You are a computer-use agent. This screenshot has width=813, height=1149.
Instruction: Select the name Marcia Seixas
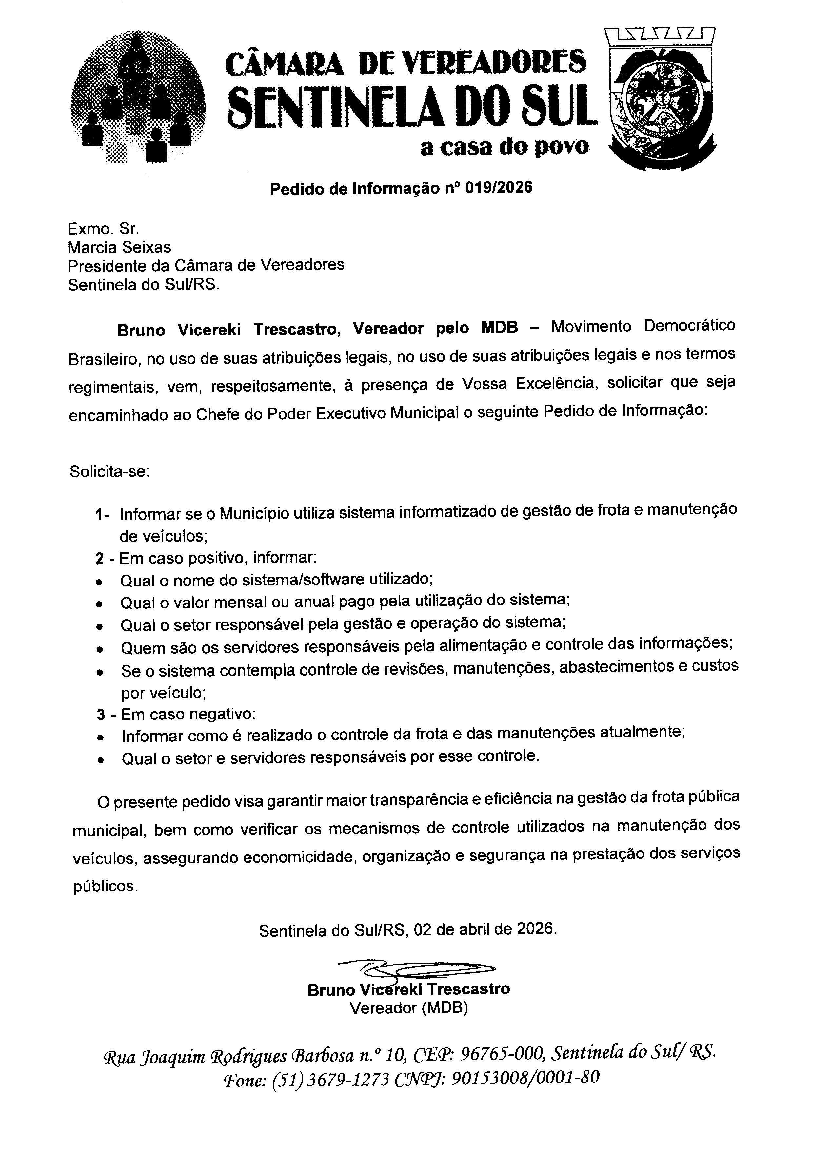[x=119, y=247]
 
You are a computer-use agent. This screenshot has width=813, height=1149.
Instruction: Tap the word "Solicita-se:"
[x=109, y=471]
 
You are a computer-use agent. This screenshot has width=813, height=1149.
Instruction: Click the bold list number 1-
[x=102, y=514]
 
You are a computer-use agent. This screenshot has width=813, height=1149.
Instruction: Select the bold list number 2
[x=100, y=558]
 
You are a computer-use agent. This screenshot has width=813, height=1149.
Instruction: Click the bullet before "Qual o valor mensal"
[x=100, y=604]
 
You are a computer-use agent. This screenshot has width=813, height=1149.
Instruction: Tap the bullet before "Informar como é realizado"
[x=101, y=737]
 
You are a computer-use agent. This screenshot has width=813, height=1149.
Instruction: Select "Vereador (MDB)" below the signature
[x=408, y=1008]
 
